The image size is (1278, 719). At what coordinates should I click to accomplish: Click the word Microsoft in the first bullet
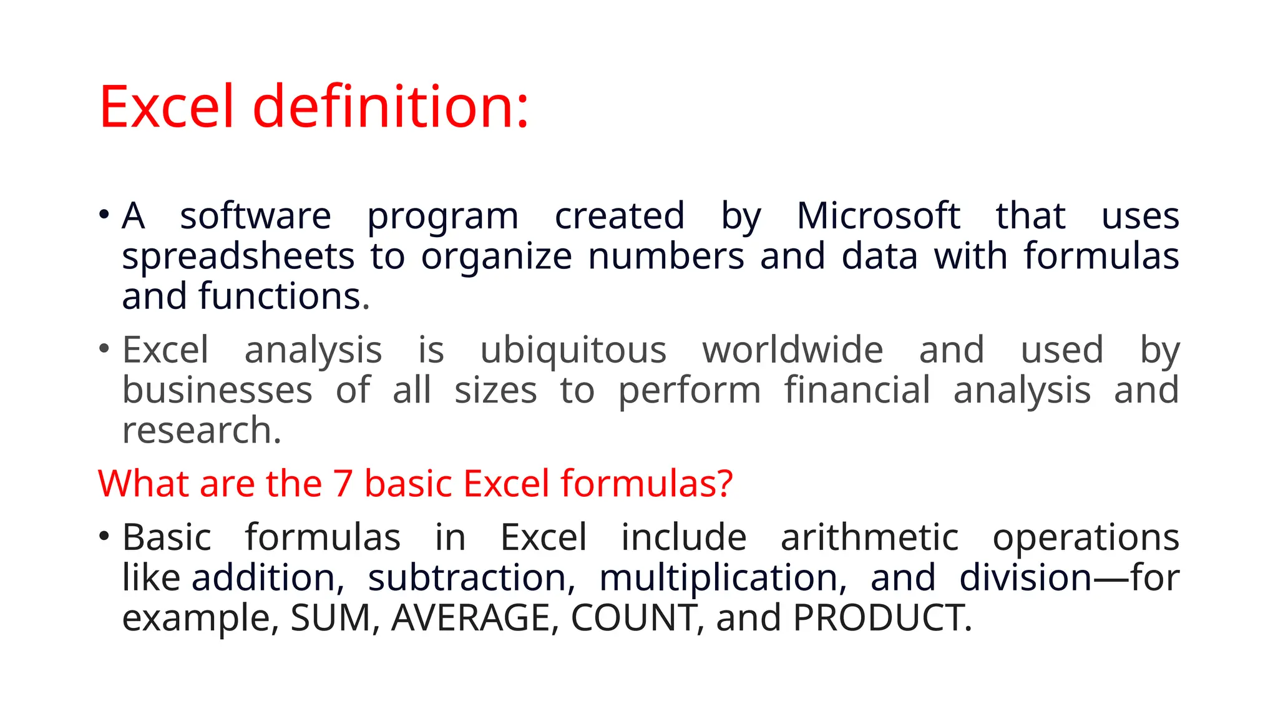click(x=878, y=216)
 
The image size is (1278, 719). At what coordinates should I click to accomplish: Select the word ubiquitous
click(x=573, y=350)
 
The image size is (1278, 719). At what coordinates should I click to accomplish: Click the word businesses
click(x=217, y=391)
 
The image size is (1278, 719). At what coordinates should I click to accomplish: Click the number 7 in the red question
click(x=343, y=484)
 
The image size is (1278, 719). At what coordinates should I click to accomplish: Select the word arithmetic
click(x=869, y=537)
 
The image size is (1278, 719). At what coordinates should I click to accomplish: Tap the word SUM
click(x=331, y=618)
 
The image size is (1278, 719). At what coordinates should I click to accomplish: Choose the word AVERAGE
click(x=471, y=618)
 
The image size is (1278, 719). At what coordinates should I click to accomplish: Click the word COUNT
click(x=633, y=618)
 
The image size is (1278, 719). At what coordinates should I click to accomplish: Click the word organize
click(x=496, y=257)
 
